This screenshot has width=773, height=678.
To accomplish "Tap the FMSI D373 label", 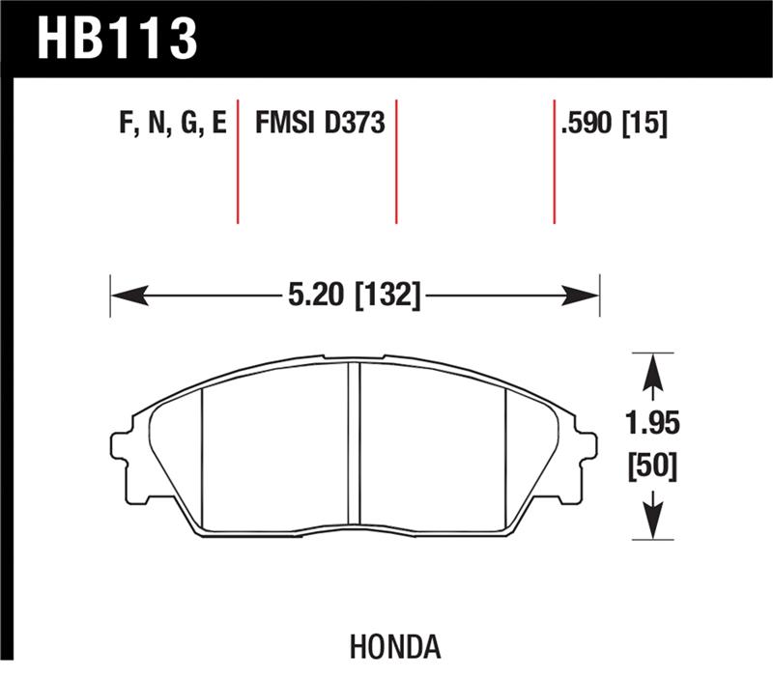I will coord(320,124).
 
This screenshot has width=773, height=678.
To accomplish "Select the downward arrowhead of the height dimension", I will coord(654,523).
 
